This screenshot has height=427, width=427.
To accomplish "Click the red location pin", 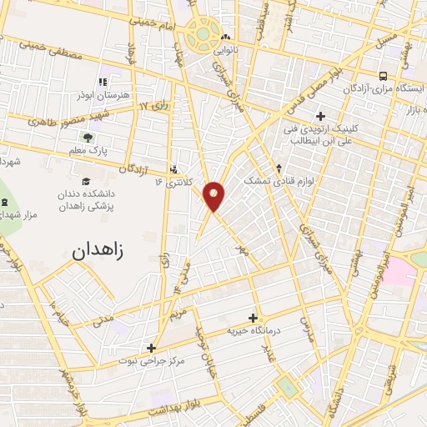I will (x=215, y=195).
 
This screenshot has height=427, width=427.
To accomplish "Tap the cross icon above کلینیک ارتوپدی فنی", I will (x=321, y=115).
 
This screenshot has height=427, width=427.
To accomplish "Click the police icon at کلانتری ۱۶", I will (x=173, y=167).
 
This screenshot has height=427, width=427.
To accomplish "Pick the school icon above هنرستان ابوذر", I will (x=103, y=83).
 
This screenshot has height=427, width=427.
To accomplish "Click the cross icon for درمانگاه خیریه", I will (x=254, y=318).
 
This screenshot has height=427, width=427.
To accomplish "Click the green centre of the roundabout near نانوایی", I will (x=202, y=35).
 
